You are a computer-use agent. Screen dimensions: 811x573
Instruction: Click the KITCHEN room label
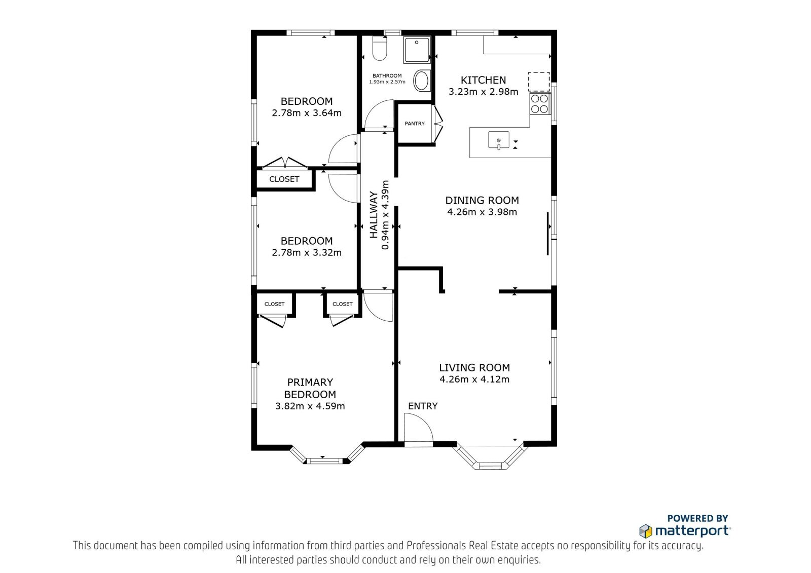(x=483, y=80)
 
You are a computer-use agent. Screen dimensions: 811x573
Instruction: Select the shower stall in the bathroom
(x=418, y=49)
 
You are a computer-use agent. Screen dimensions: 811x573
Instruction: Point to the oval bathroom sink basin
(x=421, y=81)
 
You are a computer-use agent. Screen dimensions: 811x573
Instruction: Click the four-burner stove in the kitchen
(x=539, y=104)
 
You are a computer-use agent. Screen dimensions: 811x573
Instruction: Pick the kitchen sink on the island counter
(x=499, y=140)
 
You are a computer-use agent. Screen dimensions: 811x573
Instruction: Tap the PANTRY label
(x=415, y=124)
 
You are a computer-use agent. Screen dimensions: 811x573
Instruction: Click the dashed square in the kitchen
(x=539, y=82)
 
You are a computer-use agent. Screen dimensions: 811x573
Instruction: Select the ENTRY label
(x=423, y=406)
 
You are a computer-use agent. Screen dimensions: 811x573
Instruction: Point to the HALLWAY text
(x=374, y=215)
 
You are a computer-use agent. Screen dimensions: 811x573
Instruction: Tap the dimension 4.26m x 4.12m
(x=474, y=379)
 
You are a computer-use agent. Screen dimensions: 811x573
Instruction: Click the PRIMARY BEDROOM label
(x=310, y=388)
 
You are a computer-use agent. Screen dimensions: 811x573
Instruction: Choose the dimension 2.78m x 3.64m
(x=307, y=113)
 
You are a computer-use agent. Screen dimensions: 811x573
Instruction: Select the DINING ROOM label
(x=482, y=200)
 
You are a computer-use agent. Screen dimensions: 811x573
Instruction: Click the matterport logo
(x=685, y=531)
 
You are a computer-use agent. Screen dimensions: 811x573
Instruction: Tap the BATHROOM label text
(x=387, y=75)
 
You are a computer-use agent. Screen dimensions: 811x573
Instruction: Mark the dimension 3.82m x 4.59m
(x=310, y=406)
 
